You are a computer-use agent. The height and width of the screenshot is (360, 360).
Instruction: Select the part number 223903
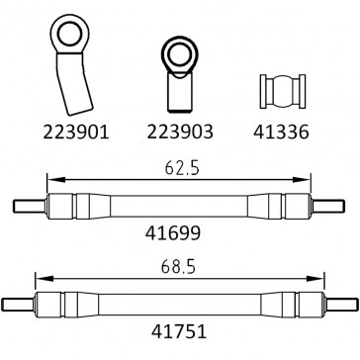(x=179, y=130)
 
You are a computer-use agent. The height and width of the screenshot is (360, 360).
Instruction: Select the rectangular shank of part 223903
(x=179, y=92)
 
